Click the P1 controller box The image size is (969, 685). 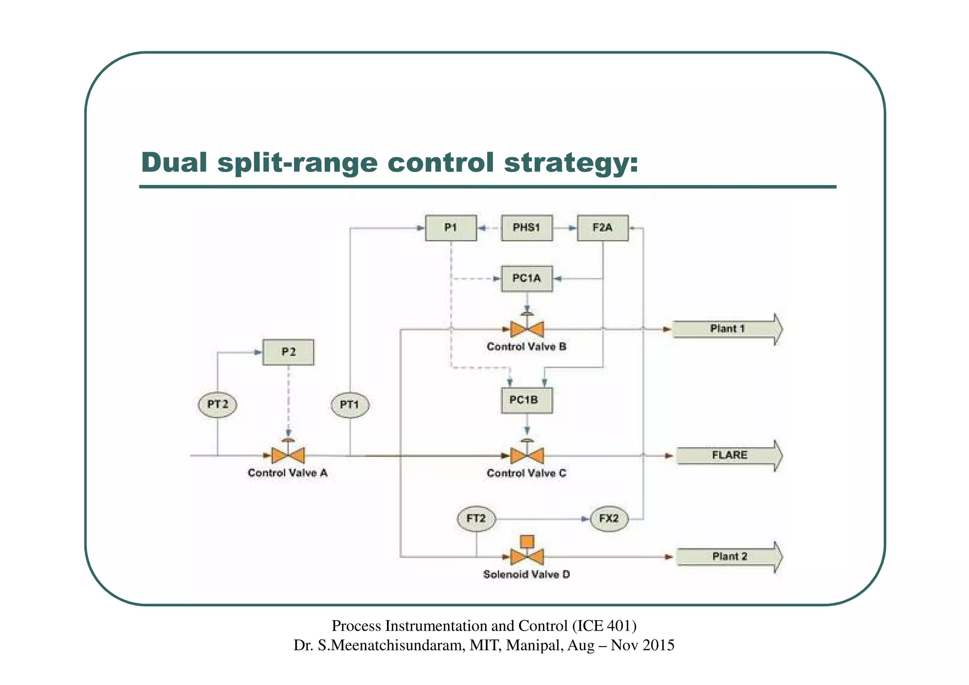tap(450, 228)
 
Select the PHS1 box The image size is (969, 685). tap(527, 228)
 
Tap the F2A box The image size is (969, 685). tap(602, 228)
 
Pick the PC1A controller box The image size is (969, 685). tap(527, 278)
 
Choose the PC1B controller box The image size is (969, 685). tap(526, 400)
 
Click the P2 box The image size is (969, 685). tap(288, 352)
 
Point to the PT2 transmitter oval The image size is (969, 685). tap(218, 405)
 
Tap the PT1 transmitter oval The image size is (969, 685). tap(350, 405)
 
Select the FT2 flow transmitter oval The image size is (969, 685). tap(476, 519)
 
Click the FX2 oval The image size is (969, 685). tap(609, 519)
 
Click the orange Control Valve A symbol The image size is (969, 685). tap(288, 455)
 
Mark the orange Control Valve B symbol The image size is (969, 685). tap(527, 329)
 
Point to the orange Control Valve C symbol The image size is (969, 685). tap(527, 455)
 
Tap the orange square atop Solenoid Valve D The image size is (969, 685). tap(527, 541)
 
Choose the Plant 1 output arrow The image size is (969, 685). tap(727, 329)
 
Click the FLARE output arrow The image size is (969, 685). tap(729, 455)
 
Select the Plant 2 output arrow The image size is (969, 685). tap(729, 557)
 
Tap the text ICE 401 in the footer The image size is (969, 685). tap(604, 626)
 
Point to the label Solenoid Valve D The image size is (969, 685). tap(526, 575)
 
